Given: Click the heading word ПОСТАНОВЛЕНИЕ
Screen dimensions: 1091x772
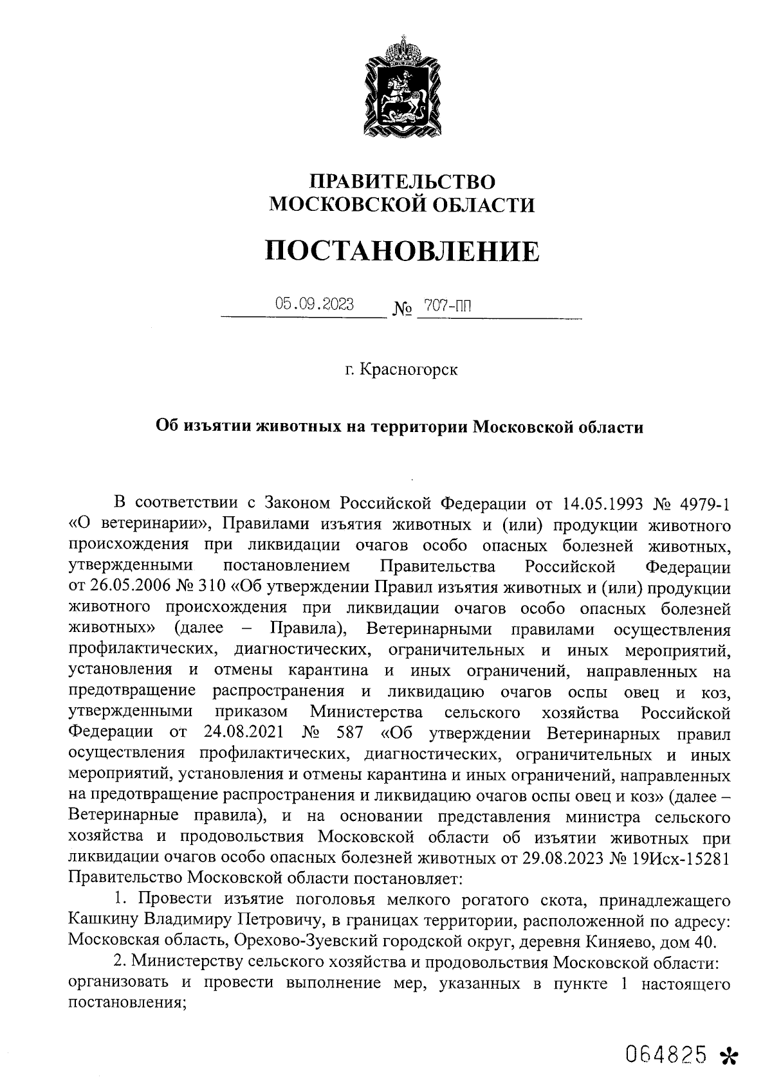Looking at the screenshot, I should click(x=402, y=251).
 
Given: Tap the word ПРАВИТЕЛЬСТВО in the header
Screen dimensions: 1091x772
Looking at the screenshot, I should click(x=402, y=181).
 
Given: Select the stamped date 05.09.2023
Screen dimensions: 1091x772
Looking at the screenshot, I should click(x=315, y=305).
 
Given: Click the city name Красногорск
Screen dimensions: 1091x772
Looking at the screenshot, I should click(x=409, y=371).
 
